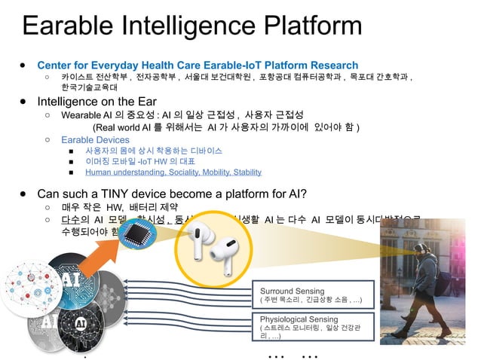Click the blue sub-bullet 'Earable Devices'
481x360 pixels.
click(x=95, y=139)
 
